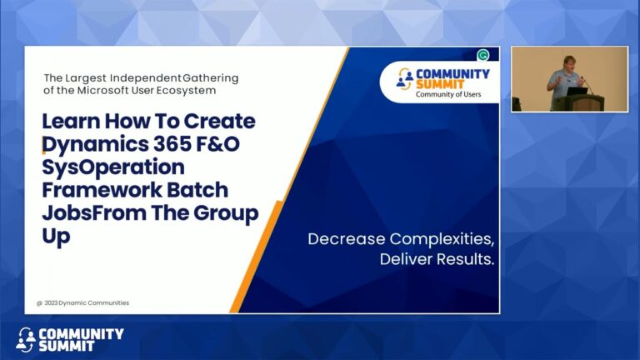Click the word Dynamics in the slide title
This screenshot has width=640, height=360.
click(91, 144)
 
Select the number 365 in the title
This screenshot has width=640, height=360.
click(169, 144)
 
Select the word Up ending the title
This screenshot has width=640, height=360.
click(56, 236)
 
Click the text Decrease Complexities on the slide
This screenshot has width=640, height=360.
click(401, 239)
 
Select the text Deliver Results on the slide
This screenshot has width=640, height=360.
click(437, 259)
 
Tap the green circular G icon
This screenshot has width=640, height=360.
click(482, 56)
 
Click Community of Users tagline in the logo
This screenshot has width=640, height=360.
click(452, 94)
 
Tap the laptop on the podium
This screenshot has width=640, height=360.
click(577, 91)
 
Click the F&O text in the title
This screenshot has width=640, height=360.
click(224, 144)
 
